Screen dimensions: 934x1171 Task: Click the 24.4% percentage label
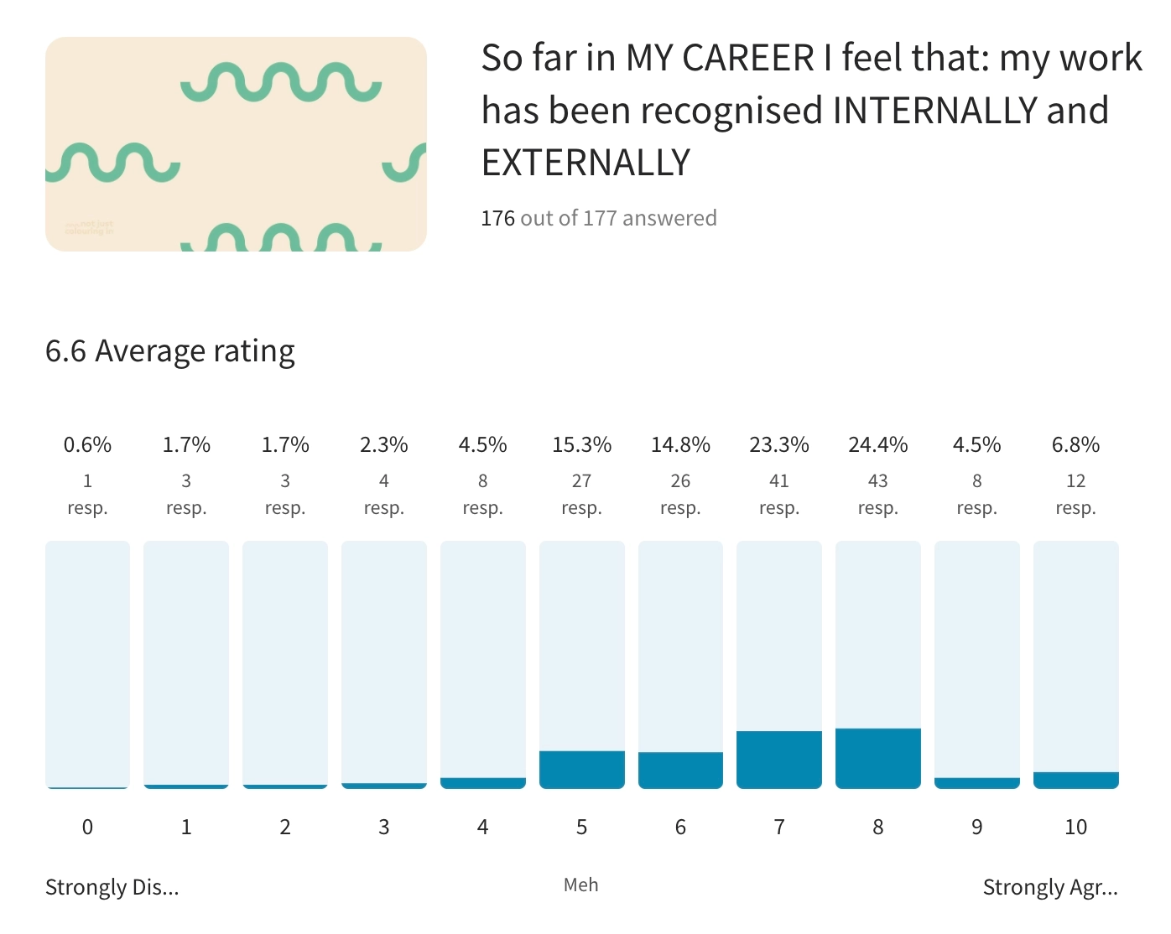[x=877, y=445]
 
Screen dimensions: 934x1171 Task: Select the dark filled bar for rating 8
[x=877, y=758]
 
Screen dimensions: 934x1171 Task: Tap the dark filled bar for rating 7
[x=778, y=760]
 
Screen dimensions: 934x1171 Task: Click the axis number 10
[x=1075, y=828]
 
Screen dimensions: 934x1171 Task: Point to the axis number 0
[x=87, y=828]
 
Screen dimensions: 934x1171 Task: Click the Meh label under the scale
[x=580, y=885]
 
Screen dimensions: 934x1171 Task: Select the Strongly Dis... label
[x=112, y=887]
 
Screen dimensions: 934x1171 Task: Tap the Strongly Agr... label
[x=1049, y=887]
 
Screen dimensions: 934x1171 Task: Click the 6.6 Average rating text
[x=170, y=351]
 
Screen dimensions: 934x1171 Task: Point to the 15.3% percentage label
[x=581, y=445]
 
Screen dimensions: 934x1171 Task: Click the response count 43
[x=877, y=481]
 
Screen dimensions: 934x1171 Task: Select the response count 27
[x=581, y=481]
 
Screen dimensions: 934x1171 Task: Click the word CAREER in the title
[x=748, y=59]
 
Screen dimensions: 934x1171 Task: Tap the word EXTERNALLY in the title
[x=585, y=163]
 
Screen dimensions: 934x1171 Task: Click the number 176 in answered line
[x=497, y=219]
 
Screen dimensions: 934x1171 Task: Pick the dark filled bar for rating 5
[x=581, y=770]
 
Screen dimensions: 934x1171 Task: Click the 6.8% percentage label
[x=1075, y=445]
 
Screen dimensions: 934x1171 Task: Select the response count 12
[x=1075, y=481]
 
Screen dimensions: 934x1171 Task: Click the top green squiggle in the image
[x=281, y=83]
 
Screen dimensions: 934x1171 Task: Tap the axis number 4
[x=482, y=828]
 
